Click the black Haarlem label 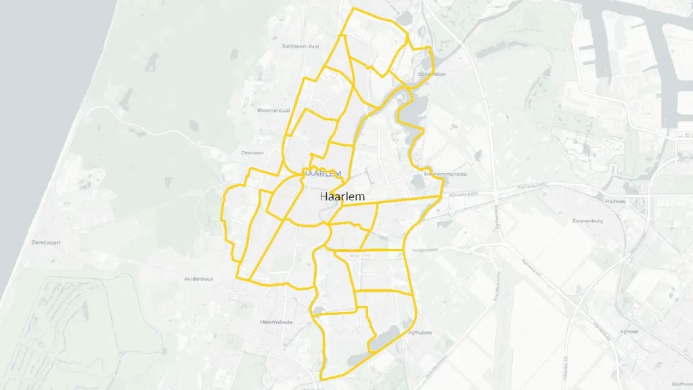[x=342, y=196]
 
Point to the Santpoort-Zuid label [x=300, y=46]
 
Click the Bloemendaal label [x=273, y=110]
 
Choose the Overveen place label [x=252, y=153]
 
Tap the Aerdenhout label [x=198, y=279]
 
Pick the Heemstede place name [x=276, y=322]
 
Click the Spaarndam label [x=434, y=74]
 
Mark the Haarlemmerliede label [x=445, y=174]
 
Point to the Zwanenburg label [x=587, y=221]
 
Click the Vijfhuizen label [x=420, y=332]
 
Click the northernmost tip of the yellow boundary [x=353, y=8]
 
